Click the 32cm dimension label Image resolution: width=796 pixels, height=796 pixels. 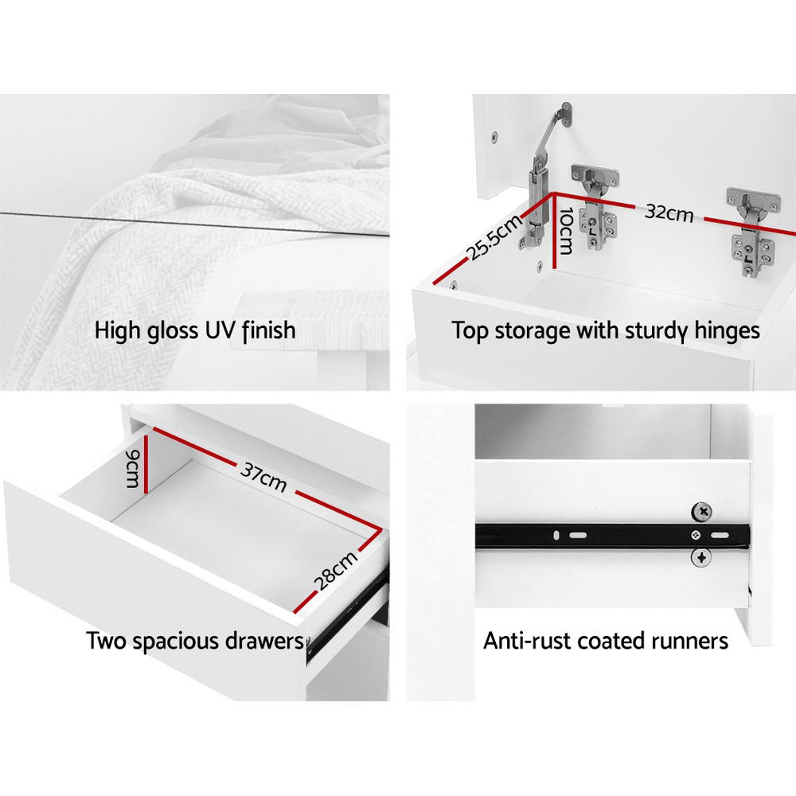pyautogui.click(x=669, y=213)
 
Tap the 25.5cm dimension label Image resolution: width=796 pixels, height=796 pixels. pyautogui.click(x=494, y=236)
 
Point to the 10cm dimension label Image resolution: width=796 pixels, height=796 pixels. pyautogui.click(x=565, y=231)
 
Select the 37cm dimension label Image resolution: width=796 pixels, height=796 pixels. pyautogui.click(x=263, y=477)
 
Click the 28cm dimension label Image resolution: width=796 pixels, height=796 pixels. pyautogui.click(x=336, y=571)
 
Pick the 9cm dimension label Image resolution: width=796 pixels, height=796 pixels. pyautogui.click(x=132, y=468)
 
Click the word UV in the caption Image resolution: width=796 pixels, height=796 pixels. pyautogui.click(x=220, y=330)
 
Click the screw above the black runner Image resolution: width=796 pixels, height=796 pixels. pyautogui.click(x=701, y=511)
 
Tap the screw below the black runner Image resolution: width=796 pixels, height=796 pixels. pyautogui.click(x=701, y=558)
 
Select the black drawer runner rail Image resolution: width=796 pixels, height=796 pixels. pyautogui.click(x=612, y=536)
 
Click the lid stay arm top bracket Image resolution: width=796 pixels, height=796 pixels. pyautogui.click(x=565, y=114)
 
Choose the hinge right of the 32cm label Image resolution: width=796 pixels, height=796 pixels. pyautogui.click(x=753, y=232)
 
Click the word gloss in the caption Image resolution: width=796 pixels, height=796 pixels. pyautogui.click(x=173, y=331)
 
